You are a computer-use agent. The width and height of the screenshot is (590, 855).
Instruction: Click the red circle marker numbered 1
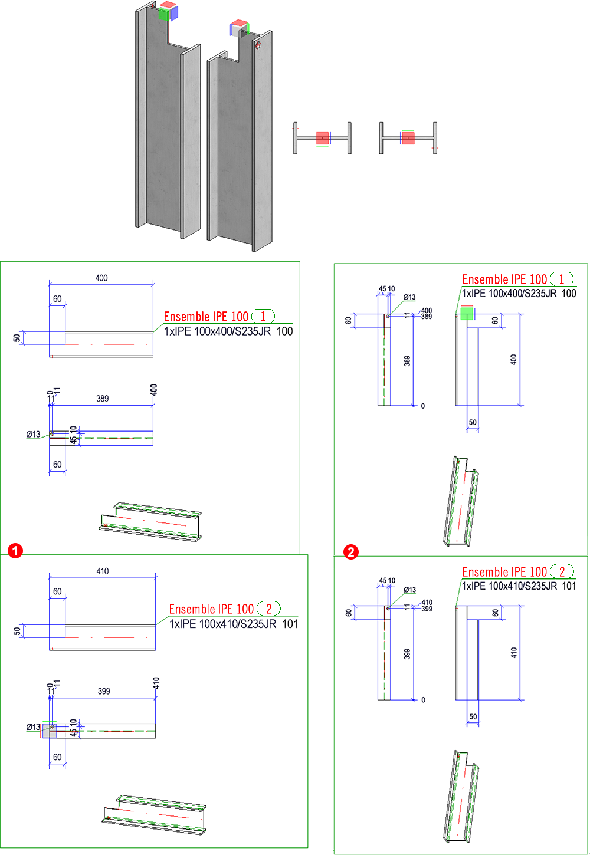click(x=15, y=551)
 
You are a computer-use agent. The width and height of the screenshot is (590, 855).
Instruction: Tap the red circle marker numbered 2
click(x=351, y=552)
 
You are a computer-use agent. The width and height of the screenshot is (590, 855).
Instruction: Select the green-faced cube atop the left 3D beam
click(x=164, y=14)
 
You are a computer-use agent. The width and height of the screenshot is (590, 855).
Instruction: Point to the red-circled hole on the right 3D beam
click(x=258, y=45)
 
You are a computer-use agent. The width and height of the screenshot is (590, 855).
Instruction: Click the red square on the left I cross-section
click(x=322, y=138)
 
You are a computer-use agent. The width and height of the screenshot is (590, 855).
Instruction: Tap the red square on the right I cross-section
click(x=408, y=138)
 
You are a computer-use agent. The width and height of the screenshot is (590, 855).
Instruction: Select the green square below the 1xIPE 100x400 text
click(x=467, y=314)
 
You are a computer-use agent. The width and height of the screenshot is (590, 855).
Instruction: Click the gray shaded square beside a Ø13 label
click(x=50, y=731)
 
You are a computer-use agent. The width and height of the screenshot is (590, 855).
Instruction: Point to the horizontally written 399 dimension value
click(x=104, y=691)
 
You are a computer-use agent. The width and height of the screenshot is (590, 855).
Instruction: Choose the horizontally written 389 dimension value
click(x=103, y=399)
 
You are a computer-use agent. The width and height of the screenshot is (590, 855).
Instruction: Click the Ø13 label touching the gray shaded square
click(x=34, y=726)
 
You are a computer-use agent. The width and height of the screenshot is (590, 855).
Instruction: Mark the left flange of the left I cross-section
click(x=296, y=138)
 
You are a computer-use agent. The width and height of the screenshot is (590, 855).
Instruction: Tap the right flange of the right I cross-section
click(x=435, y=138)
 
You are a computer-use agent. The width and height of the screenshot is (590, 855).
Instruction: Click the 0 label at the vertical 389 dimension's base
click(x=422, y=406)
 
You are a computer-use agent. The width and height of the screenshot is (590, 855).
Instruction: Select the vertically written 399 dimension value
click(x=407, y=653)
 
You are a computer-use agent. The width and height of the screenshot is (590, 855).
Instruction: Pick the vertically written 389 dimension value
click(x=407, y=360)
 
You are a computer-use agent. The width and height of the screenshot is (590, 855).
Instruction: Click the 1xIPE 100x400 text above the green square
click(x=519, y=294)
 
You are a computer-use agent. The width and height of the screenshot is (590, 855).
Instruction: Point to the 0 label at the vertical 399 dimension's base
click(x=423, y=700)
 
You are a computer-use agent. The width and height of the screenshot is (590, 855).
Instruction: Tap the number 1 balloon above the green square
click(x=562, y=279)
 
